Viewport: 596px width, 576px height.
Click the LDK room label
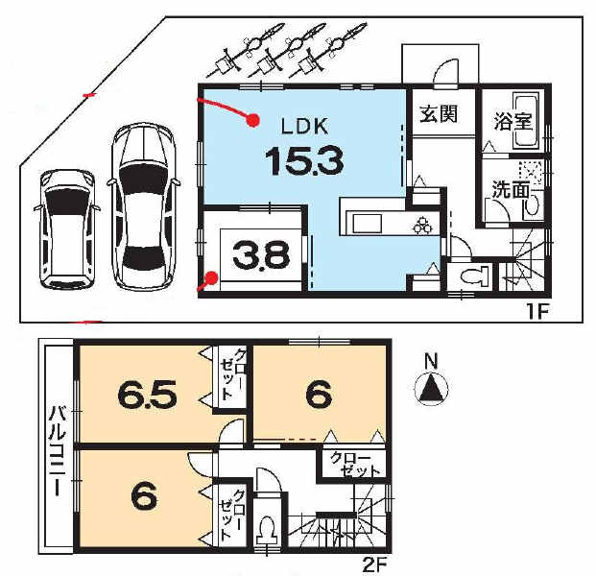[304, 126]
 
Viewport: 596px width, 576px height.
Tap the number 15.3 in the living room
[304, 161]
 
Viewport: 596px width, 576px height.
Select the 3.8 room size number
[261, 254]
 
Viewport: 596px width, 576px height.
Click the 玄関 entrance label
[439, 113]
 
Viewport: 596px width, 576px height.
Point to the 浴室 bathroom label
[513, 121]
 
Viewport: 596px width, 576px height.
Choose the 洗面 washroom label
[512, 190]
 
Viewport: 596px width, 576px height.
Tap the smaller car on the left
[67, 228]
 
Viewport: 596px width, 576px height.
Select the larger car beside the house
[144, 206]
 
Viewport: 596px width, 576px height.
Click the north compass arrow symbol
[431, 388]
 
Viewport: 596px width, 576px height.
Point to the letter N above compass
[431, 362]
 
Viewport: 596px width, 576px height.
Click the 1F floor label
[537, 313]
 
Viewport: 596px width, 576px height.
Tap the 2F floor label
[374, 566]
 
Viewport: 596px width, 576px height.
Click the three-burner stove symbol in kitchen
[422, 225]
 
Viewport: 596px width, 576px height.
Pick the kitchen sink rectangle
[367, 224]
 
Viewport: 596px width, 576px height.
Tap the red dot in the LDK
[252, 120]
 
